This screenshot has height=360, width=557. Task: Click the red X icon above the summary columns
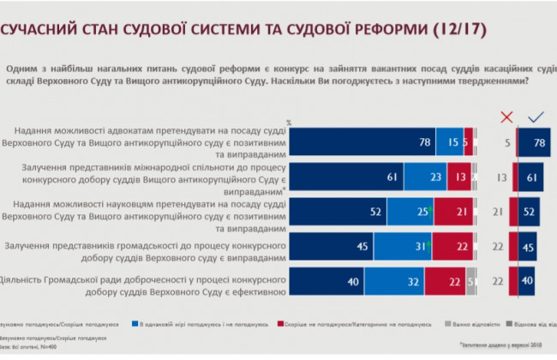click(506, 117)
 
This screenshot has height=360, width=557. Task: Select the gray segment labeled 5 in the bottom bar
click(470, 280)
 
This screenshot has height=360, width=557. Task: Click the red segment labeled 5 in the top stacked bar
click(468, 141)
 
